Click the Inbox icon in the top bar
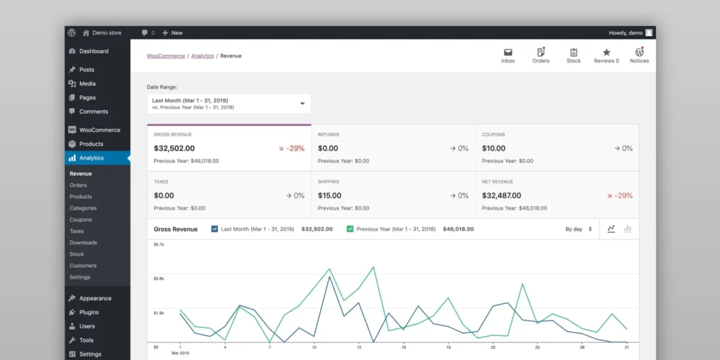508,53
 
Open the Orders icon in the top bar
541,53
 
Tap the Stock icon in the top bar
574,53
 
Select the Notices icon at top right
639,53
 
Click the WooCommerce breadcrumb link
166,56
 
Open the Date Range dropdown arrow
302,103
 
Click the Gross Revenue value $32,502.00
174,148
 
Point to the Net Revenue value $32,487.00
501,195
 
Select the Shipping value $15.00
330,195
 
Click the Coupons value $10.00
494,148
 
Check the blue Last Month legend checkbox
214,229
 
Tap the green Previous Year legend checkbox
350,229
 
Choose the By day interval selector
579,229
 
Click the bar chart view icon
628,229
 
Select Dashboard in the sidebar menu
94,51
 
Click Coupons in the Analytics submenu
80,219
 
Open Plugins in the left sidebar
89,312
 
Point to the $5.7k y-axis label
159,245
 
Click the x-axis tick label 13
359,347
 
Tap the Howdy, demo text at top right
626,33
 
